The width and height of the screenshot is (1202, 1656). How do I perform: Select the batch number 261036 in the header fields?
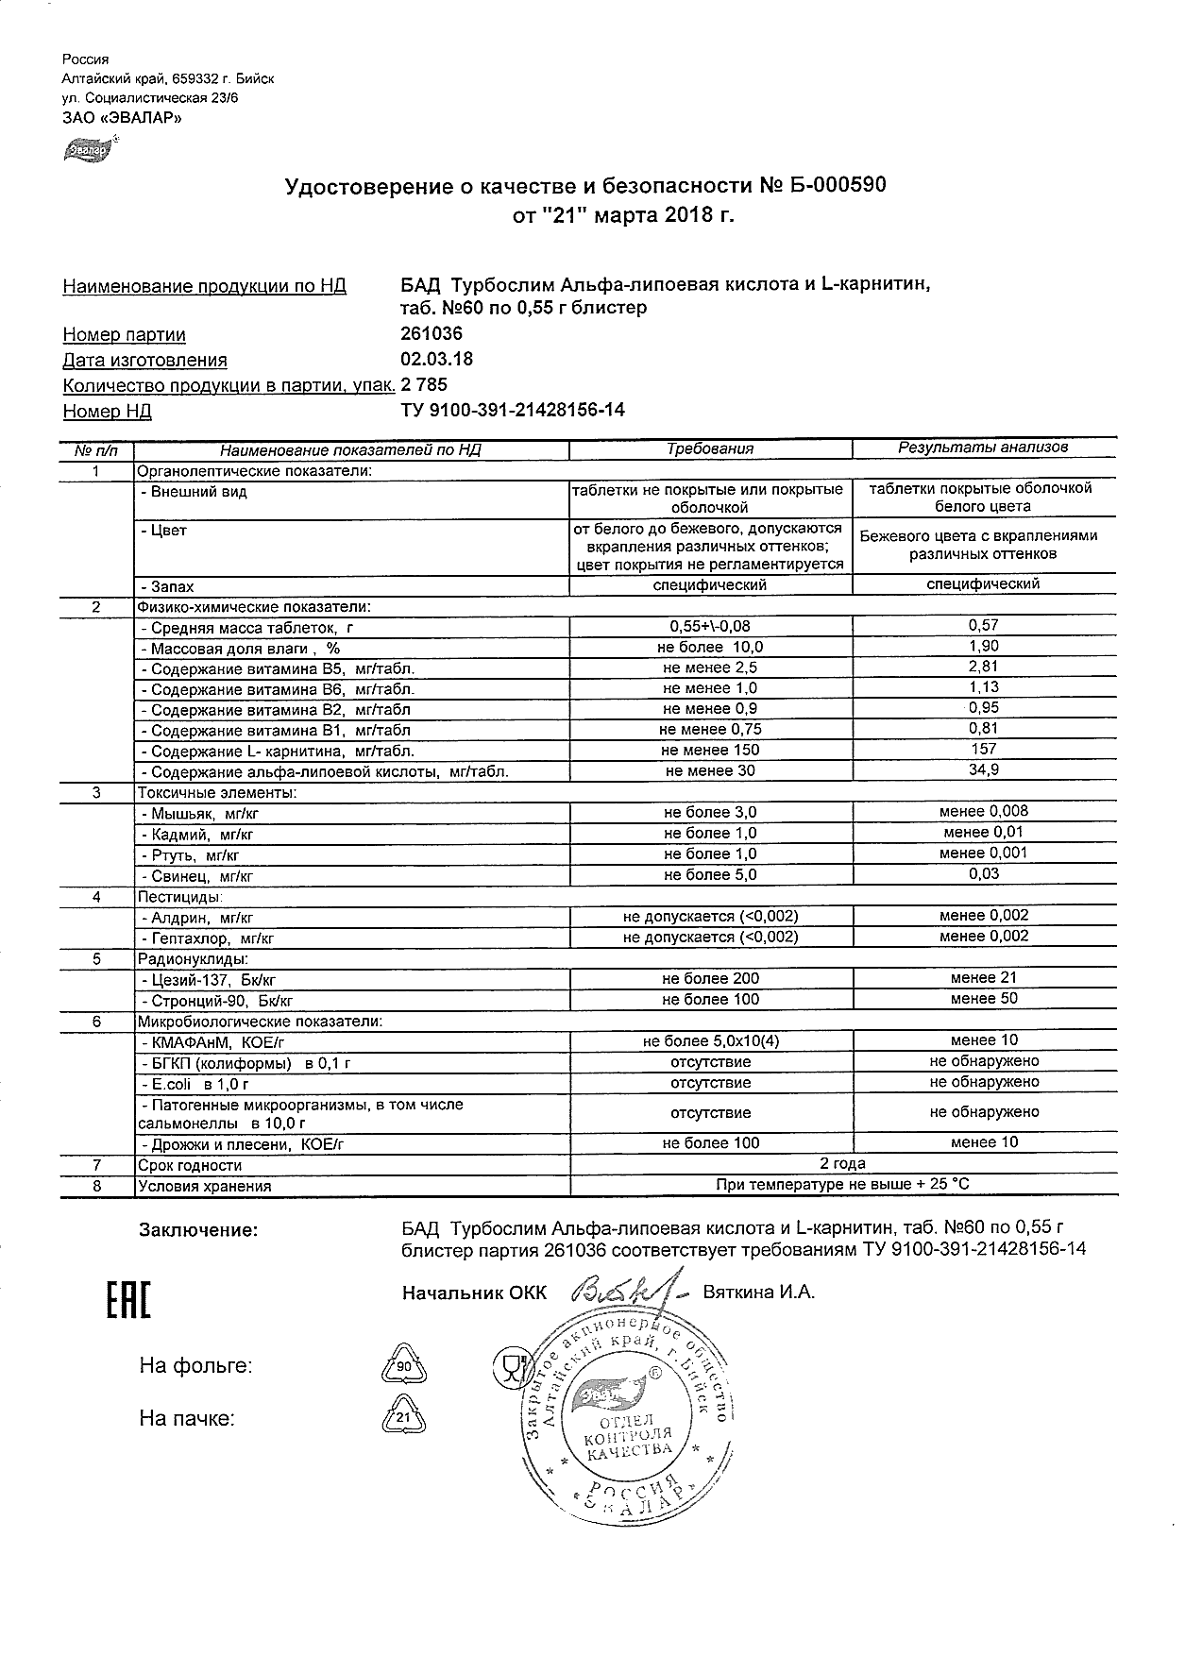tap(432, 334)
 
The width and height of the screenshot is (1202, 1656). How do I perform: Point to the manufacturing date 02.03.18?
tap(437, 360)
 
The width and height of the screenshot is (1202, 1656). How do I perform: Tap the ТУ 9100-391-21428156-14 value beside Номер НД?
tap(513, 411)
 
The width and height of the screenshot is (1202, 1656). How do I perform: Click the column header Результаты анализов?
tap(983, 448)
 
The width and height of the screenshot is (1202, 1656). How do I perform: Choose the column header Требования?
tap(710, 449)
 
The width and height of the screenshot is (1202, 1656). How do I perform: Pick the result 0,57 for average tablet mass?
tap(983, 625)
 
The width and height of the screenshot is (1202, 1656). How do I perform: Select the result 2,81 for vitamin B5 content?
tap(983, 667)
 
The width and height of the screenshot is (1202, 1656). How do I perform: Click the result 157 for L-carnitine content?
tap(983, 750)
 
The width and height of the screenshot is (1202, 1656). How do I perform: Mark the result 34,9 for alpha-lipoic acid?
tap(983, 770)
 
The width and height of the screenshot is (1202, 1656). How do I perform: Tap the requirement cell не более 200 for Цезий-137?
tap(710, 979)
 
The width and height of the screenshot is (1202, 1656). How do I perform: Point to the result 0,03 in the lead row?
tap(983, 874)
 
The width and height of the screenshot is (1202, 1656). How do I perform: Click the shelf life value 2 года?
tap(843, 1164)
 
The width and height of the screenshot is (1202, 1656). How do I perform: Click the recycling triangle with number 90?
tap(403, 1367)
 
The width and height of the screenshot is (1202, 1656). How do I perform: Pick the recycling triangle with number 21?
tap(403, 1418)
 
